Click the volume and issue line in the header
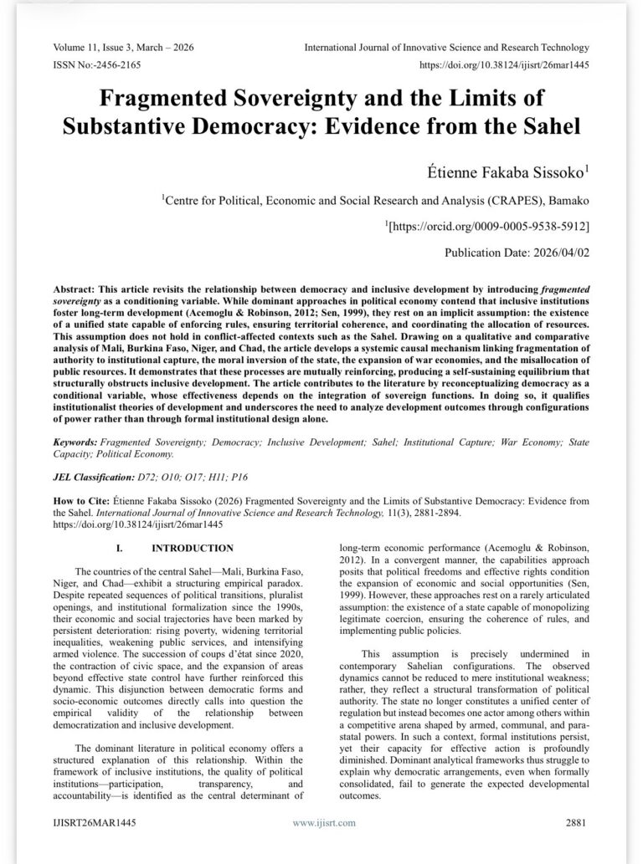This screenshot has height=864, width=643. point(123,48)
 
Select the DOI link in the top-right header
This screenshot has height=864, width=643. point(503,64)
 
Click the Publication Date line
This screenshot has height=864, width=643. point(517,252)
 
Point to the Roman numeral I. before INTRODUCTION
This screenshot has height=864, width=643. point(120,550)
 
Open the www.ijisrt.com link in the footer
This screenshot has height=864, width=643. point(323,823)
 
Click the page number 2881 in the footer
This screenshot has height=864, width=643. point(575,823)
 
